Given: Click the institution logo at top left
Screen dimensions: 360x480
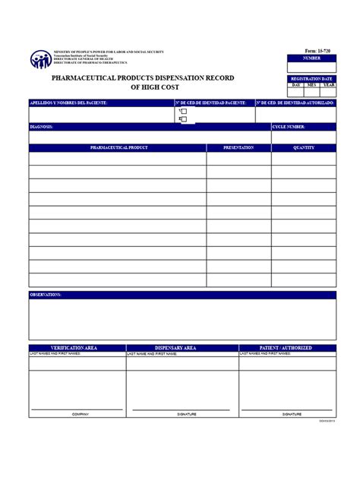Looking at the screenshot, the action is (40, 59).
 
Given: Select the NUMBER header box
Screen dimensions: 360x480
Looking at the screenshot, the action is (312, 58).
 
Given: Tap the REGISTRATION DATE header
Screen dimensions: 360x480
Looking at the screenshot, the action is (312, 78).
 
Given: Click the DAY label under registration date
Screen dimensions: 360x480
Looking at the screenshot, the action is (297, 85).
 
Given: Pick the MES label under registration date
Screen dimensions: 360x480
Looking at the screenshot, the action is (312, 85).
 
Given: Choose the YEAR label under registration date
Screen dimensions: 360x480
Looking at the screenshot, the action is (328, 85).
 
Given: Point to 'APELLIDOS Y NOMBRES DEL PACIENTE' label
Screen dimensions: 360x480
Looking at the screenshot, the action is (68, 102).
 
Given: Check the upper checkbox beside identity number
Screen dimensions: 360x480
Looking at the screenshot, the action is (183, 111).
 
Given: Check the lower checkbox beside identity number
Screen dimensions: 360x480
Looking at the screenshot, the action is (183, 119).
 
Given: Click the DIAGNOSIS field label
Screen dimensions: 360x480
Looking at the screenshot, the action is (42, 127).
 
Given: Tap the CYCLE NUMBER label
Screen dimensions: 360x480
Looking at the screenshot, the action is (289, 127).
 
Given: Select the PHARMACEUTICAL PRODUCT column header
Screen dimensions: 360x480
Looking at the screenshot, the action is (118, 147).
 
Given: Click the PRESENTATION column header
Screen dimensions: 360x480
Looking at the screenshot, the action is (238, 147).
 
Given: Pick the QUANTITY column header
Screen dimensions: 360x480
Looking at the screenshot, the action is (304, 147).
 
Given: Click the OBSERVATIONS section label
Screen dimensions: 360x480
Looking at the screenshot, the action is (46, 294).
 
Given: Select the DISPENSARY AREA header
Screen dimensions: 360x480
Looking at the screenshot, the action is (175, 347).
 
